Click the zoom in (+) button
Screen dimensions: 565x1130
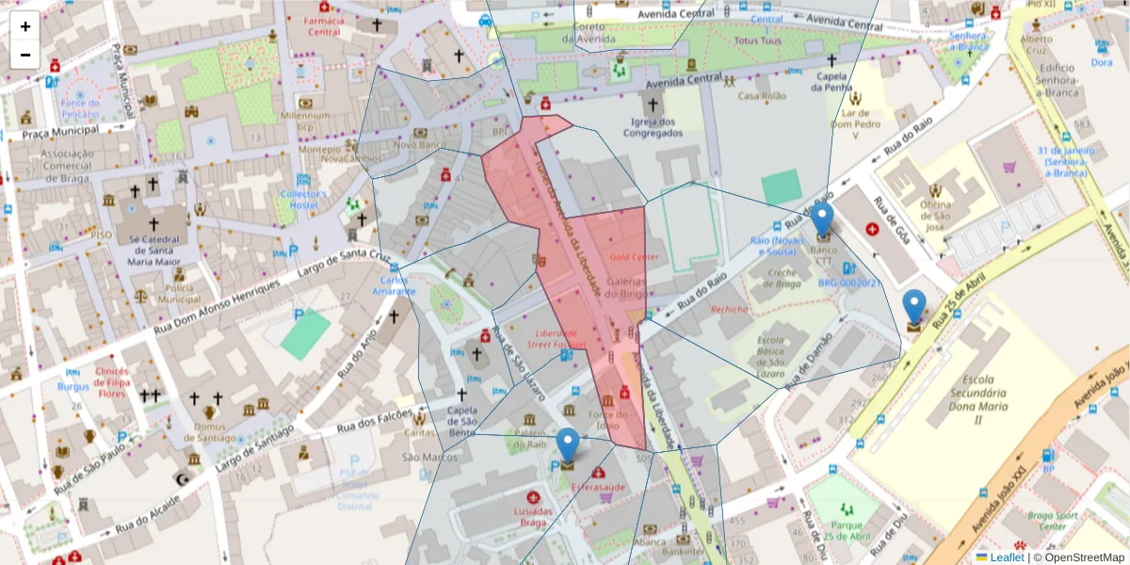(25, 26)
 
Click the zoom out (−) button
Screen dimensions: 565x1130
(25, 55)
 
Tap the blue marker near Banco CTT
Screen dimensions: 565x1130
(822, 219)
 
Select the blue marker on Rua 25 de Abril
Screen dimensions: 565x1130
(914, 307)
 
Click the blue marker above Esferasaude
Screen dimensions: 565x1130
(568, 445)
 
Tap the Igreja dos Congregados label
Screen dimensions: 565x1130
(653, 127)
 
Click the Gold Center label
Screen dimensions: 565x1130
(634, 257)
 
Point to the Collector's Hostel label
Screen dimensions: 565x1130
(303, 200)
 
